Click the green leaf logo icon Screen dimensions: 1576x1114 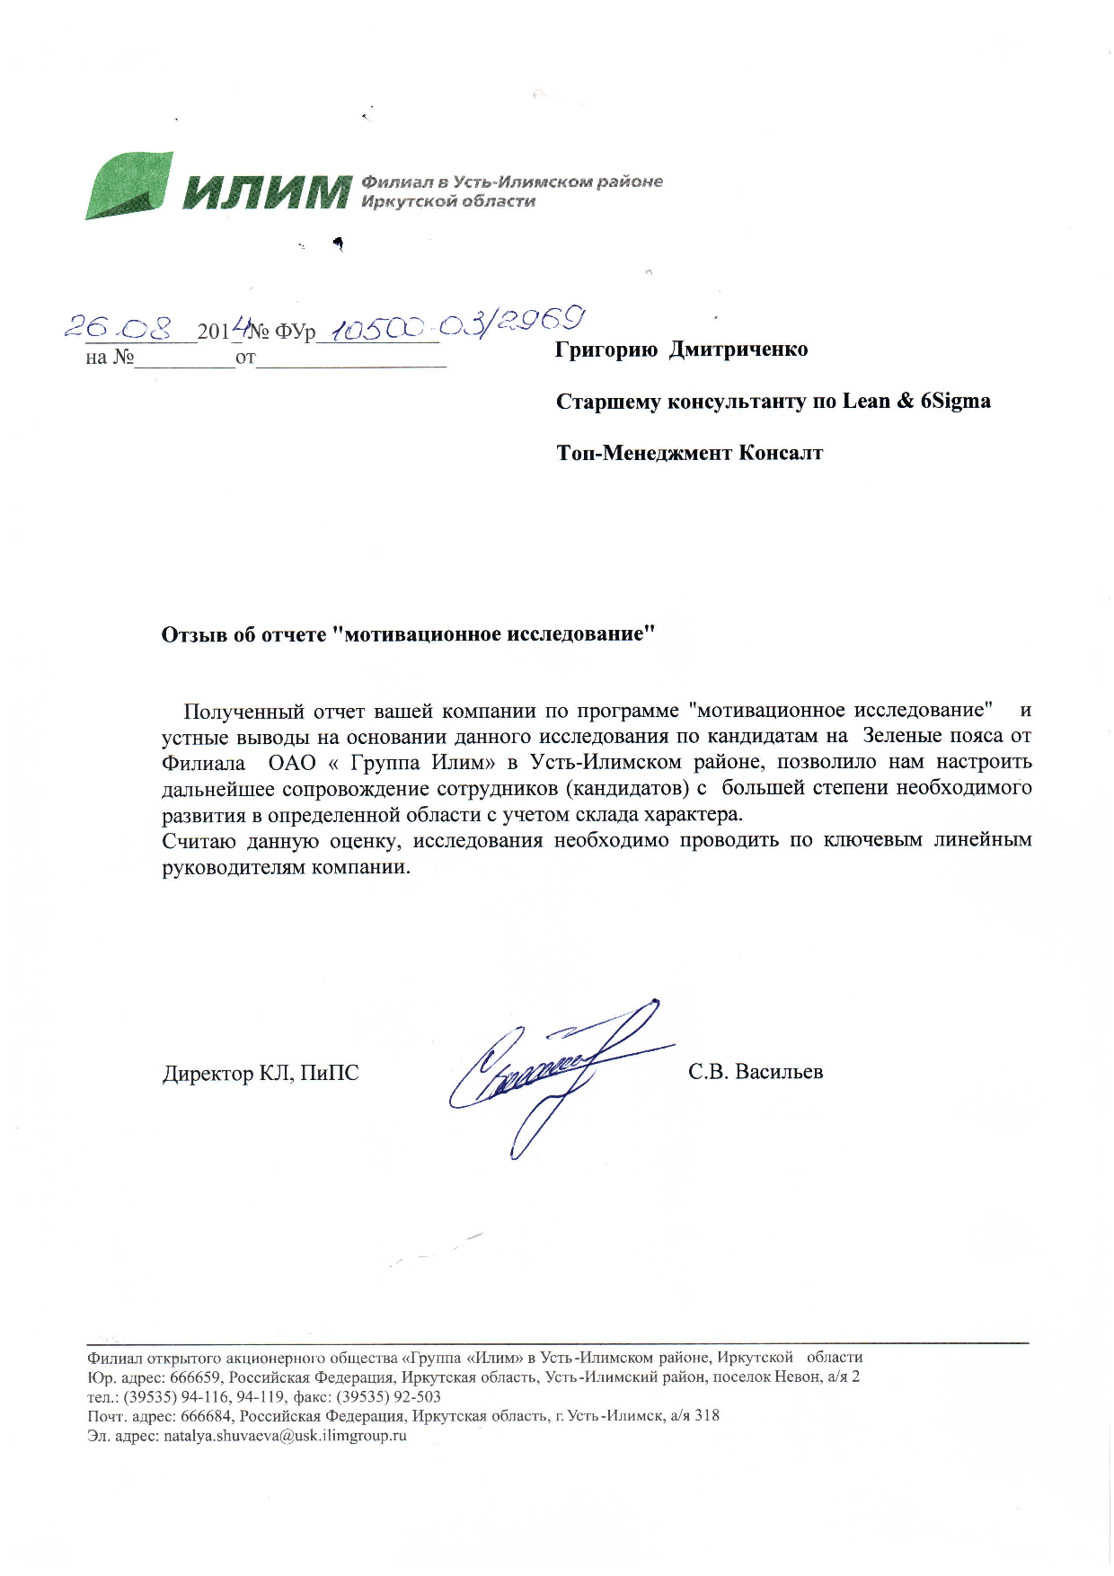128,186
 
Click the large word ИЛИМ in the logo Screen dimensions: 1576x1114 265,191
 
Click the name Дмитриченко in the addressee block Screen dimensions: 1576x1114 738,350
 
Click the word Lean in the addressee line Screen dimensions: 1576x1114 865,401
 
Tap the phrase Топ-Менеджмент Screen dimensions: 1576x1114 643,453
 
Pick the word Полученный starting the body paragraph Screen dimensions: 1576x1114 243,712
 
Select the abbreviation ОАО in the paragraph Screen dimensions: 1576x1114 292,763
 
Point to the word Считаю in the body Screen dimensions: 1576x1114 199,841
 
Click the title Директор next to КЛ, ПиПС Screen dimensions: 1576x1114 208,1074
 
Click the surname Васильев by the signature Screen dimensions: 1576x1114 778,1072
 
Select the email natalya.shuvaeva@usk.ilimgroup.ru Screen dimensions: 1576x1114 285,1436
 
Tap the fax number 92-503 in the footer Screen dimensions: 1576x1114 417,1397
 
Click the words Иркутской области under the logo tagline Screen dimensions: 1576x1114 447,201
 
